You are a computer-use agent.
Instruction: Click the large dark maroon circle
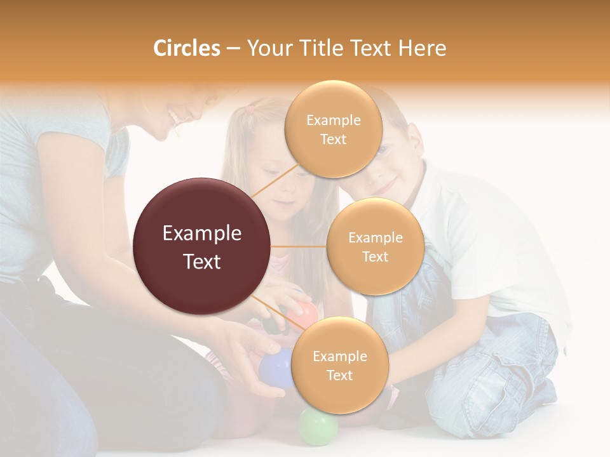tap(202, 246)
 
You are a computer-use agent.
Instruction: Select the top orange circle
tap(333, 129)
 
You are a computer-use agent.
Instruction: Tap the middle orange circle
tap(375, 246)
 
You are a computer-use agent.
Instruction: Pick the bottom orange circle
tap(339, 365)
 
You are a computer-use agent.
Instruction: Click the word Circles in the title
tap(186, 48)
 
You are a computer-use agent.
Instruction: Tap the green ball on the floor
tap(318, 426)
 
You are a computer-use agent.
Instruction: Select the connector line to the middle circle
tap(299, 246)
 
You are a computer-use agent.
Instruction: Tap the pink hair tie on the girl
tap(250, 109)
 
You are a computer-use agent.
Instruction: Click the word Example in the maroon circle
tap(202, 234)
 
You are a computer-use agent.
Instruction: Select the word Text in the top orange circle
tap(333, 139)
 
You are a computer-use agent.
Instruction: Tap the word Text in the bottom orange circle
tap(339, 375)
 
